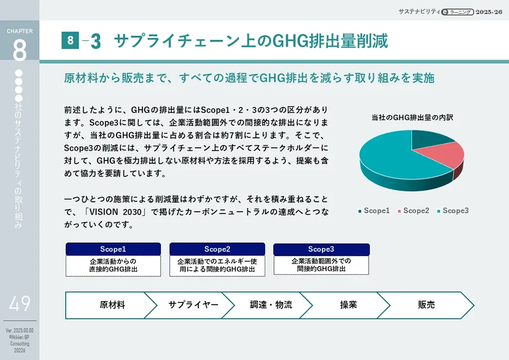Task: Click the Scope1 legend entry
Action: tap(373, 211)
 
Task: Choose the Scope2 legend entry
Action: tap(413, 211)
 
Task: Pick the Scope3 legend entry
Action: tap(453, 211)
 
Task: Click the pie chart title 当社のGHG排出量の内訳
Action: tap(412, 118)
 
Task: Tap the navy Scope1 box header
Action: tap(113, 249)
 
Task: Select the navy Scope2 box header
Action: tap(217, 249)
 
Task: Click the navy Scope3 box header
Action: tap(322, 249)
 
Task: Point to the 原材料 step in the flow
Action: tap(112, 305)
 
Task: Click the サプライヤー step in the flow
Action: tap(193, 305)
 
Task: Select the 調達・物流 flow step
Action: tap(271, 305)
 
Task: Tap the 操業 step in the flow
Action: tap(348, 305)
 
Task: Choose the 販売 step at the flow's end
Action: tap(426, 305)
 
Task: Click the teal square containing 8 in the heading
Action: tap(70, 40)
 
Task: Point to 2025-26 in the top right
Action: tap(489, 12)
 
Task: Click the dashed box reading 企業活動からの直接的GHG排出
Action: tap(113, 266)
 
